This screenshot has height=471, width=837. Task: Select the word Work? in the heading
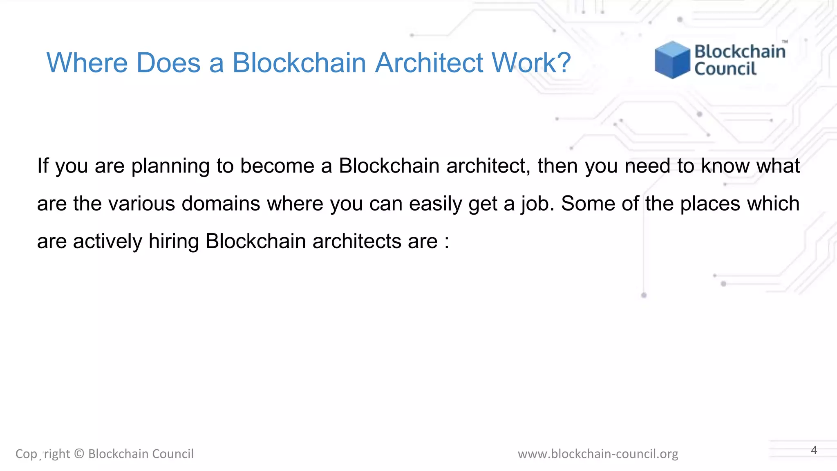531,63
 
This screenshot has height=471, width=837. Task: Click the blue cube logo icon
672,60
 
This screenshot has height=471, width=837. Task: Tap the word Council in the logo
725,69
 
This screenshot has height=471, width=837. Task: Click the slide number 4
814,450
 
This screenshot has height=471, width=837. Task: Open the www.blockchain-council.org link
598,454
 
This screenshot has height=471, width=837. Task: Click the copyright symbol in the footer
79,454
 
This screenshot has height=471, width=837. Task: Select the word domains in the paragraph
221,204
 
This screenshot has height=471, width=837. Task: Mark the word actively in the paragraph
107,241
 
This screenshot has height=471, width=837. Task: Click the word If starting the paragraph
43,166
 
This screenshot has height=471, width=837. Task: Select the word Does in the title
168,63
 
